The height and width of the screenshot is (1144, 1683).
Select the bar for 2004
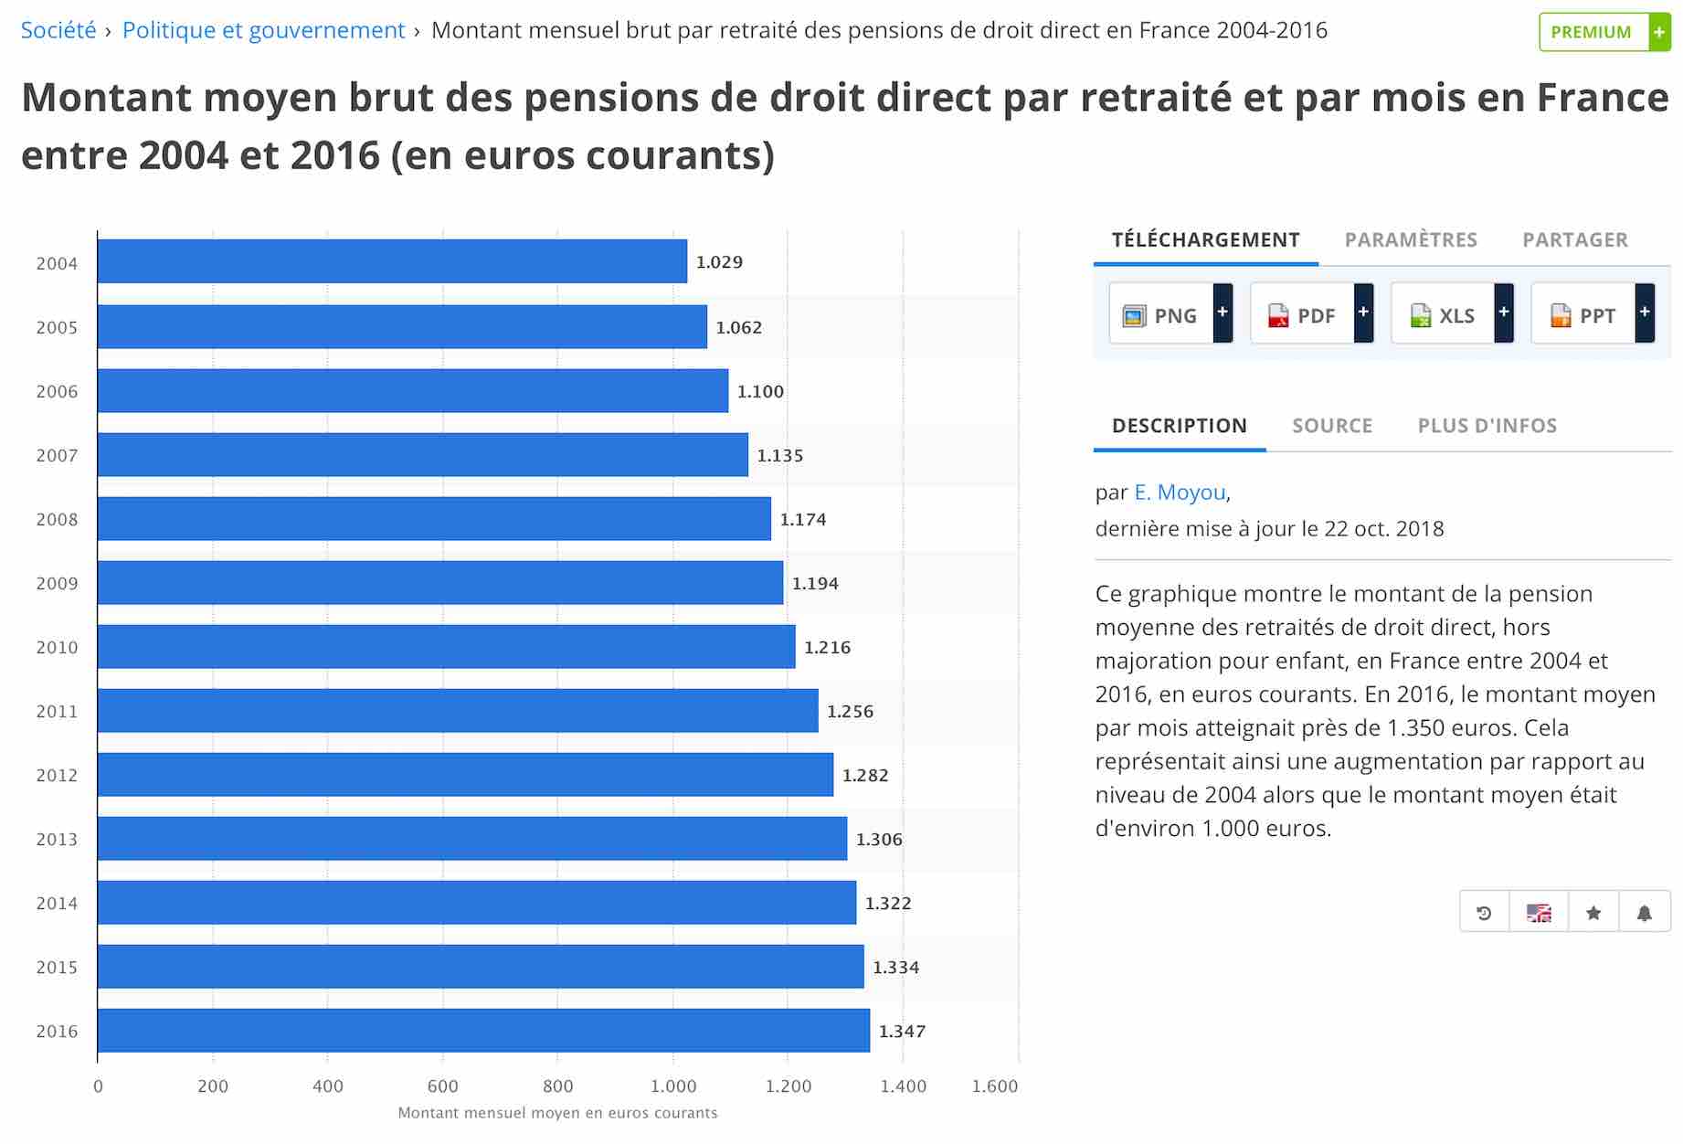[392, 261]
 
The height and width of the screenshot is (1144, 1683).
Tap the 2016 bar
[483, 1031]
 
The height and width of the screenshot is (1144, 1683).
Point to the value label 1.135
[780, 455]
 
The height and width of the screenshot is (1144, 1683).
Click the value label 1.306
[879, 839]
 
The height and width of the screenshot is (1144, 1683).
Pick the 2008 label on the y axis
[57, 519]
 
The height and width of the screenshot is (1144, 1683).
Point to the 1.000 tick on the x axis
[673, 1086]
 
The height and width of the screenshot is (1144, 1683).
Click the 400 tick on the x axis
[328, 1086]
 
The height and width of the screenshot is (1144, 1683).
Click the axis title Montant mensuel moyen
[557, 1113]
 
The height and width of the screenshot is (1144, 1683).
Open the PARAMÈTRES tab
[1411, 239]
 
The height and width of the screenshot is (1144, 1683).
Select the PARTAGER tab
[1575, 239]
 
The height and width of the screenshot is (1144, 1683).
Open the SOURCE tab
[1332, 425]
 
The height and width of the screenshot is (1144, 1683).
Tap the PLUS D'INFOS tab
[1487, 425]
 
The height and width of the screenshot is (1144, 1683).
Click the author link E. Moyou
[1180, 493]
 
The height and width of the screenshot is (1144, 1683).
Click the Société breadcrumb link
[58, 30]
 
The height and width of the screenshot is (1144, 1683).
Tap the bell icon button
[1644, 913]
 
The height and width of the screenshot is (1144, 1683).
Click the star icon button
[1593, 913]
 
